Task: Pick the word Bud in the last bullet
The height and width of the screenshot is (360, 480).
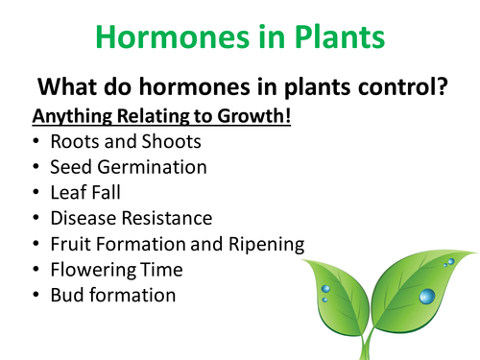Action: tap(66, 296)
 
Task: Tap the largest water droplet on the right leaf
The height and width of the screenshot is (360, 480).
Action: tap(426, 295)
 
